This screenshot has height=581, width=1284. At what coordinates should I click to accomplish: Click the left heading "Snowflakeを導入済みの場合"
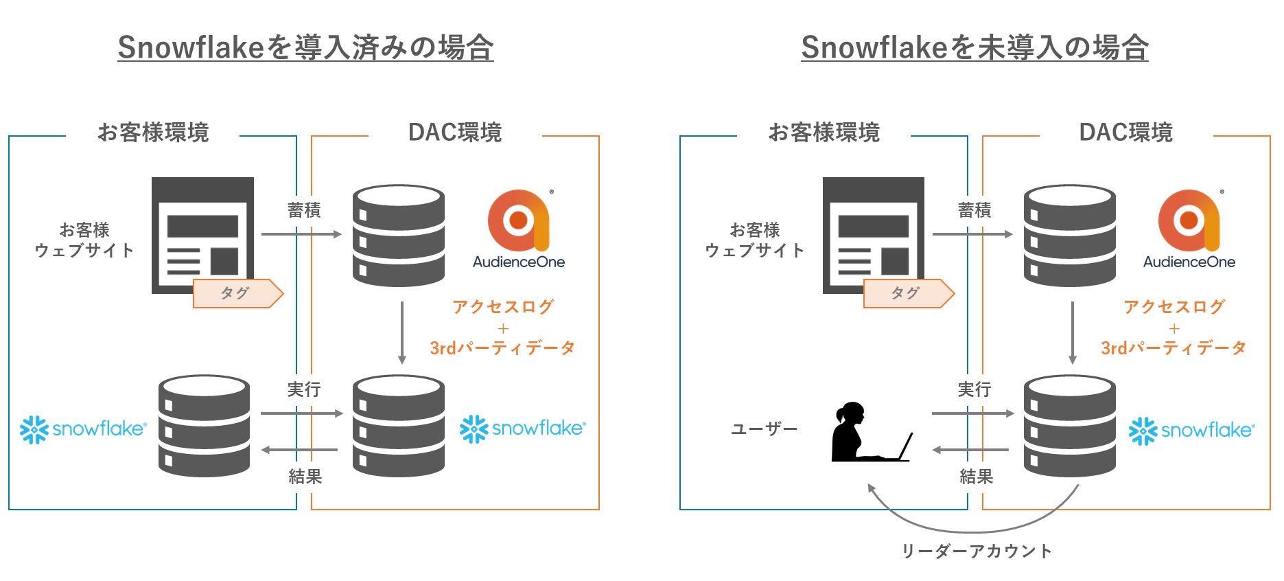305,47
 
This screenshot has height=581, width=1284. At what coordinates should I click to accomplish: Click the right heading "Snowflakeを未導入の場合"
974,47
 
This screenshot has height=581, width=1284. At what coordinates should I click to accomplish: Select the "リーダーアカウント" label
976,551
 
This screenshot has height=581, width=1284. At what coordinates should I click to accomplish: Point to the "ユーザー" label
764,429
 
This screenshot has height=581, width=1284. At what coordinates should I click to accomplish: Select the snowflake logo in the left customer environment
83,429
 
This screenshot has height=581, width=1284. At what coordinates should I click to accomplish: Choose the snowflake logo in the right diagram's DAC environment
1191,431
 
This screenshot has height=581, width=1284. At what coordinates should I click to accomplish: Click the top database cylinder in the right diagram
1069,235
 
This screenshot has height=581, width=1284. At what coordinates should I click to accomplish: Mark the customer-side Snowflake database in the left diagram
204,426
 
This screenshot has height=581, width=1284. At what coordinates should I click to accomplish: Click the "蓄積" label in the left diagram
304,210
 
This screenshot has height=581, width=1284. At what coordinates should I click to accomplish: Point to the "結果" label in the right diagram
976,477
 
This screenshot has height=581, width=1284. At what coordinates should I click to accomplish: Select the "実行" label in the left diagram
304,390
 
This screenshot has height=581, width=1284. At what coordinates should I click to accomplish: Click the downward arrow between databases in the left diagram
402,332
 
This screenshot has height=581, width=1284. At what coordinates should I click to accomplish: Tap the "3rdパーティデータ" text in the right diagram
1174,348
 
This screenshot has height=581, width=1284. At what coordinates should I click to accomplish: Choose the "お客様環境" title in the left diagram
153,133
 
